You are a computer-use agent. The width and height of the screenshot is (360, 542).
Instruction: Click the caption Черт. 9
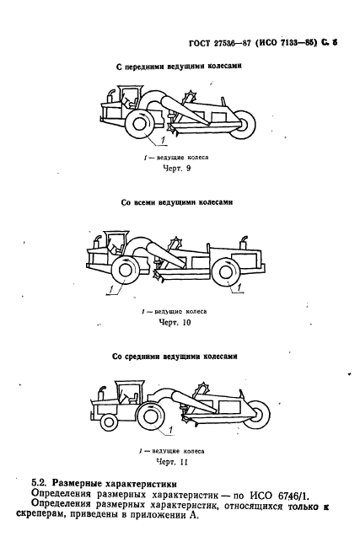176,169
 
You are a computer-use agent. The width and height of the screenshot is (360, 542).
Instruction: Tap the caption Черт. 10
175,323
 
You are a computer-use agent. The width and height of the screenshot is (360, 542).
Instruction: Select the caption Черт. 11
172,462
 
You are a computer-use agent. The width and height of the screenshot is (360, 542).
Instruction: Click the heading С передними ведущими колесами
179,67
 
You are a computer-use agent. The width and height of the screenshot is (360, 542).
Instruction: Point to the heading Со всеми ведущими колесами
177,202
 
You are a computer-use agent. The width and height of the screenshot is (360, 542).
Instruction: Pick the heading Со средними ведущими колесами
175,357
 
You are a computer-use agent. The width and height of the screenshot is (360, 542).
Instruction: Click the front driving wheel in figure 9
139,125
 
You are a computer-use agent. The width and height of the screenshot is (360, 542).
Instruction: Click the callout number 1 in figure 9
163,139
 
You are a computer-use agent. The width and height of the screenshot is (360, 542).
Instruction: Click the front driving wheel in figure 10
124,271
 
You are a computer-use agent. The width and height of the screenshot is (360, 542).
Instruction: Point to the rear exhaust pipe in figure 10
244,242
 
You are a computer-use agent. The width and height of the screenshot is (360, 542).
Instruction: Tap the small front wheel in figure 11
109,421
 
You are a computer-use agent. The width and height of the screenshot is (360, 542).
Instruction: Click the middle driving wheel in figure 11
151,417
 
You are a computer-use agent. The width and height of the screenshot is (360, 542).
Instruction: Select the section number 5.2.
39,484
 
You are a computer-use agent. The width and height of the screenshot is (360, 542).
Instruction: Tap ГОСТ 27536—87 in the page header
219,43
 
